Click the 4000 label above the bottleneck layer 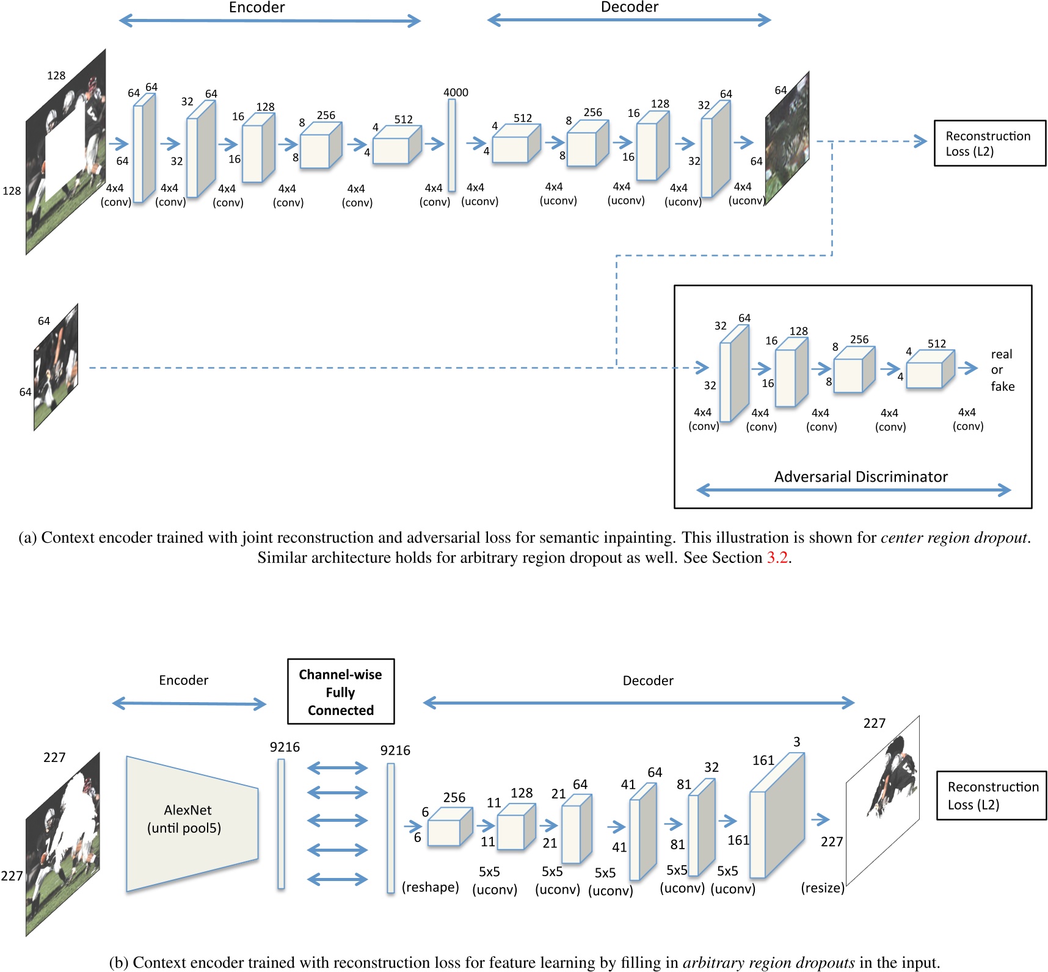click(456, 93)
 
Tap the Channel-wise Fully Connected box click(341, 692)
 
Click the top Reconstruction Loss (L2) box click(989, 143)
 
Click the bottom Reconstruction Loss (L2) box click(991, 796)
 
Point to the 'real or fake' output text click(1002, 370)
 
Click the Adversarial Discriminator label click(861, 477)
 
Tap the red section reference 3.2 click(777, 557)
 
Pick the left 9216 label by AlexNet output click(285, 747)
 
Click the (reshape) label click(430, 887)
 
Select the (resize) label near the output click(822, 888)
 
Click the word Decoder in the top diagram click(629, 7)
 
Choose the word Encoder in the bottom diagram click(183, 680)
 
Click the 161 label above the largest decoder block click(763, 760)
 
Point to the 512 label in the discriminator click(936, 344)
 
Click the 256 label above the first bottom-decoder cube click(454, 797)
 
